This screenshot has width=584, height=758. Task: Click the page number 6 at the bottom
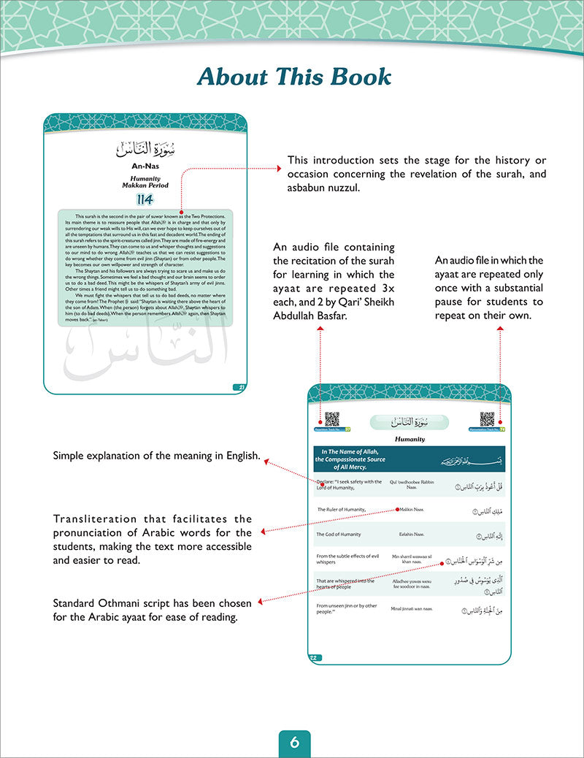coord(294,743)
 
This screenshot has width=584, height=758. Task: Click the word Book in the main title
coord(358,77)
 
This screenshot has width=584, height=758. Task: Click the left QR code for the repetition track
coord(331,418)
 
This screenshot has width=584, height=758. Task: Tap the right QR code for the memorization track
coord(487,418)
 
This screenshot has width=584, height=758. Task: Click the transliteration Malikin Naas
coord(412,508)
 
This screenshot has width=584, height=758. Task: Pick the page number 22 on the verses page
coord(314,658)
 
